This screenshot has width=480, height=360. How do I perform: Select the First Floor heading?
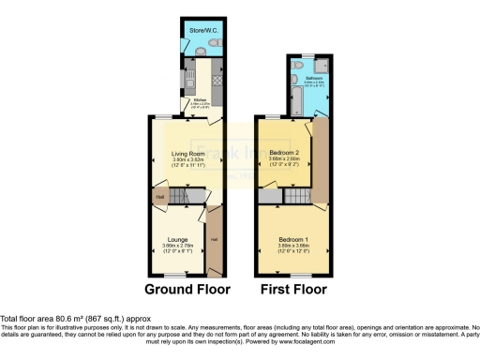tap(293, 290)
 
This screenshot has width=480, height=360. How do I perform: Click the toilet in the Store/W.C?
tap(214, 44)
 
